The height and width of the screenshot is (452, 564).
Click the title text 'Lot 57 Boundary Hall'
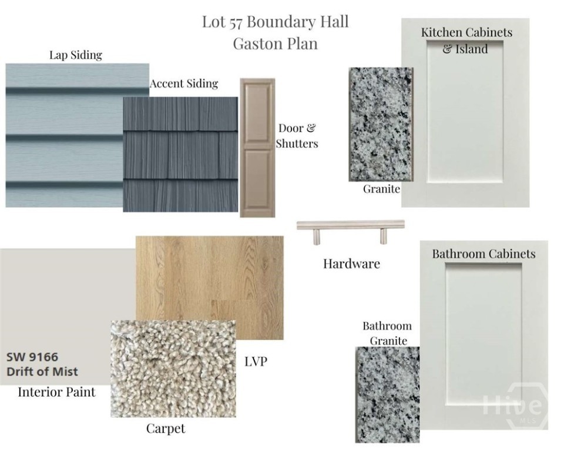coord(275,22)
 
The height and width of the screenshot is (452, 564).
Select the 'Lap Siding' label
coord(76,55)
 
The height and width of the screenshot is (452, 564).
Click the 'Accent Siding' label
coord(184,84)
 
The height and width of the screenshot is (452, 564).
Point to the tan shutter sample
coord(257,148)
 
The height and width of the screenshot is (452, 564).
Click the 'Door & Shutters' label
coord(297,136)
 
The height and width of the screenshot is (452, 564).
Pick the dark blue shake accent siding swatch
coord(180,154)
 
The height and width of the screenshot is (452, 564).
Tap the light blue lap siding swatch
coord(65,135)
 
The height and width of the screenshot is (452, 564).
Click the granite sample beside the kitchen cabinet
coord(381,124)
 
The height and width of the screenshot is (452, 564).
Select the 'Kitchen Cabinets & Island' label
coord(466,41)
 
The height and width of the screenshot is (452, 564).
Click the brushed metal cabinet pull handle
coord(351,231)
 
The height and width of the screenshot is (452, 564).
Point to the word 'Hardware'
coord(351,264)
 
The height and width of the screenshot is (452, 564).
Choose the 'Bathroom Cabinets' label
coord(484,254)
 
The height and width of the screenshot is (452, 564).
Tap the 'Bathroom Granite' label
coord(387,333)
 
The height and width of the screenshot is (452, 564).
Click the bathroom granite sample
coord(387,395)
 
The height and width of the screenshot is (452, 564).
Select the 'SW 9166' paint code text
coord(32,357)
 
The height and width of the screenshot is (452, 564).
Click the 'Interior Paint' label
coord(57,392)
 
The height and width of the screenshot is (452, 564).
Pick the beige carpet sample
coord(173,369)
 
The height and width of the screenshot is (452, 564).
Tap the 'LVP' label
coord(256,361)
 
